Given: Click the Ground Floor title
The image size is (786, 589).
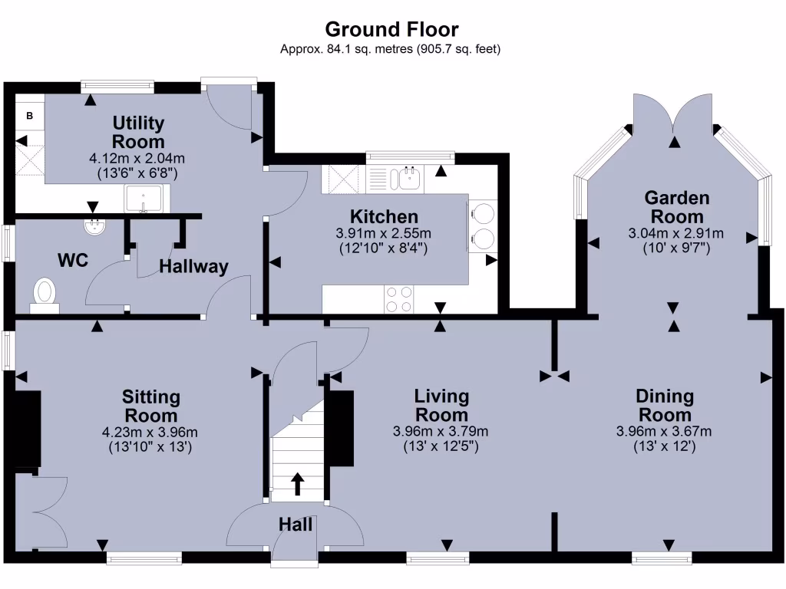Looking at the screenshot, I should (x=391, y=29).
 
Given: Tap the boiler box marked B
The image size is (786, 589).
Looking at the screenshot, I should (x=30, y=116).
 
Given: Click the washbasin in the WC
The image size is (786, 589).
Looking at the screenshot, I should (x=95, y=226).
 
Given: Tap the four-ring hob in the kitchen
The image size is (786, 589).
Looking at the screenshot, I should (x=400, y=299).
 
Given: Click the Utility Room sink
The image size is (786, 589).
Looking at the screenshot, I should (x=144, y=199).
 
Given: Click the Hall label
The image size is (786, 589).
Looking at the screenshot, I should (x=296, y=525).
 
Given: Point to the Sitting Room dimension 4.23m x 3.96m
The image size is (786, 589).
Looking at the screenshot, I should (x=151, y=431).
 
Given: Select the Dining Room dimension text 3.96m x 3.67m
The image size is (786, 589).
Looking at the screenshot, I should (x=664, y=431).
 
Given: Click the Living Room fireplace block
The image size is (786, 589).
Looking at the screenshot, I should (x=342, y=429).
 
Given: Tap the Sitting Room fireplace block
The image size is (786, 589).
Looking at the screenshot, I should (x=28, y=429).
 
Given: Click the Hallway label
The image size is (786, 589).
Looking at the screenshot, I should (x=193, y=267).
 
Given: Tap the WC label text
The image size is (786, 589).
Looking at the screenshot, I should (x=73, y=260).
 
